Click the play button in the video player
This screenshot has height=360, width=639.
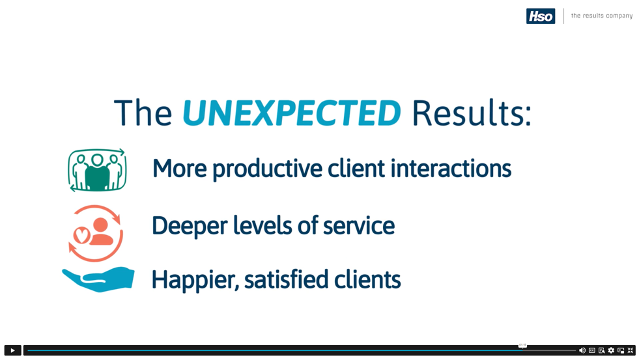(12, 350)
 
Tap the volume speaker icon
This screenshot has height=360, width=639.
(582, 350)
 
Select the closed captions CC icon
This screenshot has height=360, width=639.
(592, 350)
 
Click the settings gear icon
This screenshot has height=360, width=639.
(611, 350)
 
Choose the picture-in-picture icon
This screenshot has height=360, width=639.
(621, 350)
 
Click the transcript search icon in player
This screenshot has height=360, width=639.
(601, 350)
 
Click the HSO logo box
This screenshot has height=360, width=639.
(541, 16)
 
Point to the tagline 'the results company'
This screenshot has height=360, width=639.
(601, 16)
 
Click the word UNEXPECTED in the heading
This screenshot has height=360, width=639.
(292, 113)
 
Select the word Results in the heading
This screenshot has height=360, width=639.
(472, 113)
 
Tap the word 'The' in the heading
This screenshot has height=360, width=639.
(143, 113)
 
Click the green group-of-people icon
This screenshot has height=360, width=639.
(97, 170)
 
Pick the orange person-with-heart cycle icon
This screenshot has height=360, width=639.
(96, 233)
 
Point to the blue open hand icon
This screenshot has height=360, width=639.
(98, 279)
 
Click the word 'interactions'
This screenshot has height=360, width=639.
(451, 168)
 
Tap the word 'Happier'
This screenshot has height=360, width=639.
(195, 280)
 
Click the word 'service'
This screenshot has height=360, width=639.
(359, 226)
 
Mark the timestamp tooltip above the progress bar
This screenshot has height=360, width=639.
(522, 345)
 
